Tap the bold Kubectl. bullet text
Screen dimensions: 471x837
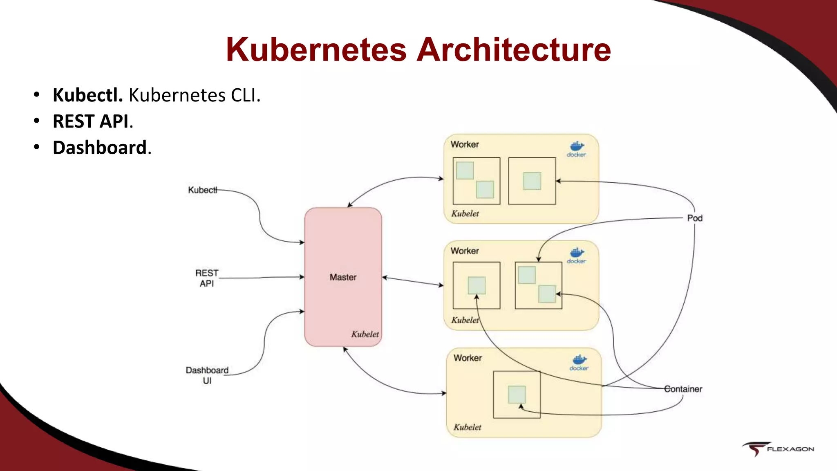point(87,95)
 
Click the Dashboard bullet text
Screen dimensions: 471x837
point(100,148)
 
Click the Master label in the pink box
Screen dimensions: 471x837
point(343,277)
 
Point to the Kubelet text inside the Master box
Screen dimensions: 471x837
point(365,334)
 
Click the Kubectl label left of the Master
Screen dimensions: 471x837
point(202,190)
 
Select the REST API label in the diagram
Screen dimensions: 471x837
point(207,278)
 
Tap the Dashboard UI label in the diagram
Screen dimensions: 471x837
point(207,375)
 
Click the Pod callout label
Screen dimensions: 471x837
point(694,218)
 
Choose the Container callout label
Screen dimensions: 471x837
point(683,389)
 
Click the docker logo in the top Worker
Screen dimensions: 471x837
point(576,149)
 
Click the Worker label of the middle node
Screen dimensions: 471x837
point(465,251)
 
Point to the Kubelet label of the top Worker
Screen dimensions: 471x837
point(465,213)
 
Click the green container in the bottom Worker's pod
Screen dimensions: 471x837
point(517,395)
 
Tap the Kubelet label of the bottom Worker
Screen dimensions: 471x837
point(467,427)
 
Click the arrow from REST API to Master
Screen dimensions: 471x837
point(262,278)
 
